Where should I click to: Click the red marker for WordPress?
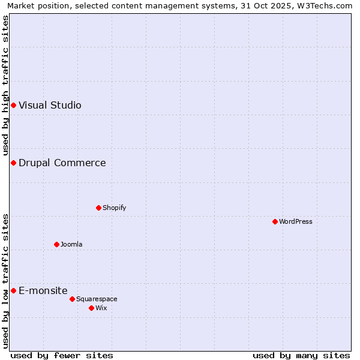tap(275, 221)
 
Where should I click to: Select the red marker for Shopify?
tap(98, 208)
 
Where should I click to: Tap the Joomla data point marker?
tap(56, 244)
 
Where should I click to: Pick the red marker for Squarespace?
tap(72, 299)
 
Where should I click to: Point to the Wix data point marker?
tap(91, 308)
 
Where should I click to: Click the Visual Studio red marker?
tap(13, 105)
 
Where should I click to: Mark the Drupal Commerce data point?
tap(13, 163)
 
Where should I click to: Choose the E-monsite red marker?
tap(13, 290)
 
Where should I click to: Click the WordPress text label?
tap(296, 221)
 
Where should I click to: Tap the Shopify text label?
tap(114, 208)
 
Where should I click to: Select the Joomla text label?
tap(71, 244)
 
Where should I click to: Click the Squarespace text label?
tap(97, 299)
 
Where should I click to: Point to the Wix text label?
tap(101, 308)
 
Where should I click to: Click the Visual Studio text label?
tap(50, 105)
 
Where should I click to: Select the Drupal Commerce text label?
tap(62, 163)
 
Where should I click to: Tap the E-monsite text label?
tap(43, 290)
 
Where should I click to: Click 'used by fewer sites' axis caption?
tap(62, 355)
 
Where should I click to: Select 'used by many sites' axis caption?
tap(301, 355)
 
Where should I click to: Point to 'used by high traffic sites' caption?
tap(5, 85)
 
